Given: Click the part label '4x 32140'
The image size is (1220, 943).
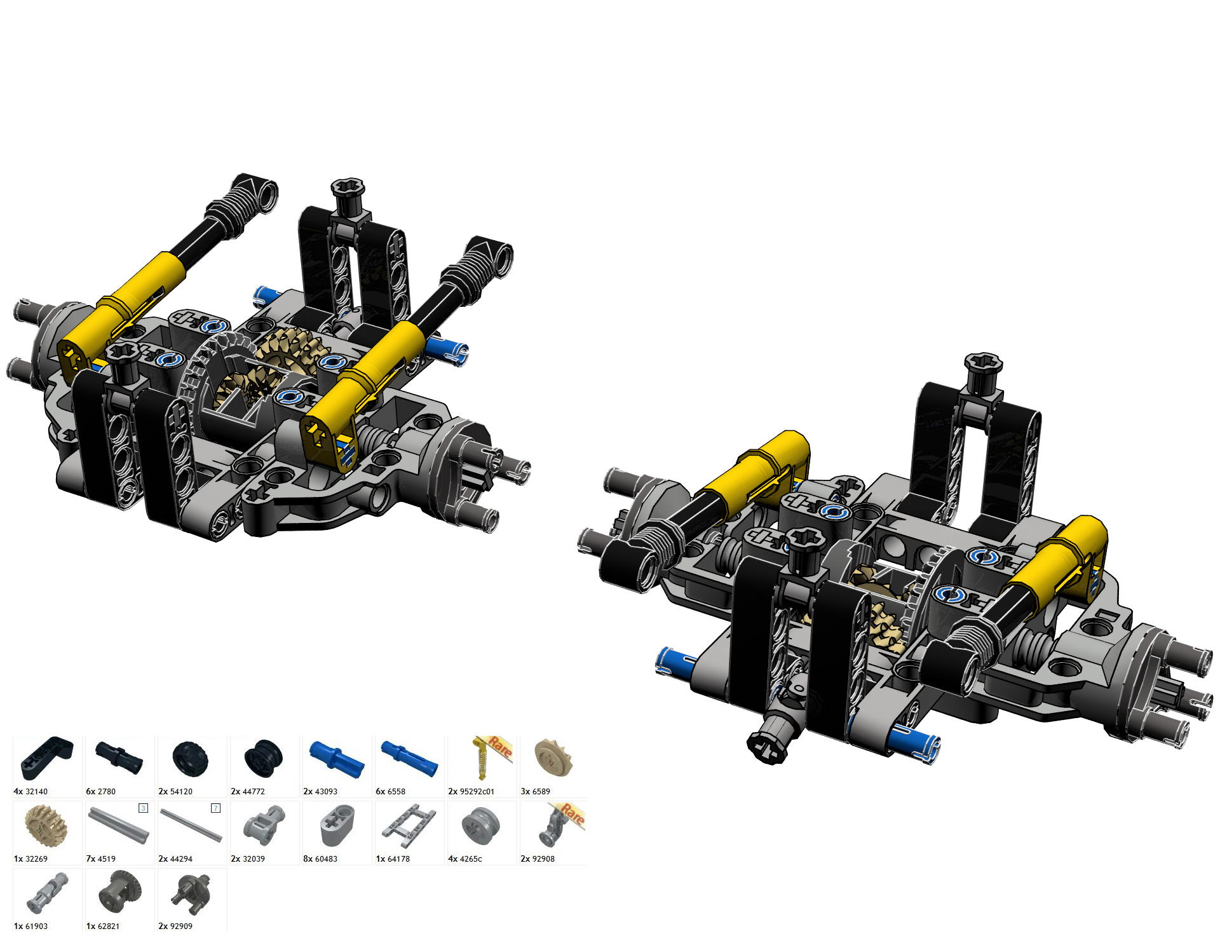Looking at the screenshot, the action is (30, 791).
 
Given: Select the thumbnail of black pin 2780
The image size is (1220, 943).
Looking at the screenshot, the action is (119, 757).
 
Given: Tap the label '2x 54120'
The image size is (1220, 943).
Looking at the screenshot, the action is (175, 791).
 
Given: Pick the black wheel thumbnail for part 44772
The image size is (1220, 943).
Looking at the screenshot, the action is (263, 759).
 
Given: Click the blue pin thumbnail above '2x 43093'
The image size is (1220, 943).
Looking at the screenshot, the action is (337, 759).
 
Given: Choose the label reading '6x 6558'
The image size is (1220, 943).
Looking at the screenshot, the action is (390, 791).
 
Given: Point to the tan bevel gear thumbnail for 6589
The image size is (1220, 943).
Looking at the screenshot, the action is (553, 758).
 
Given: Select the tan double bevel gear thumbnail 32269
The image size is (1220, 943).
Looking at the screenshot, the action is (46, 825).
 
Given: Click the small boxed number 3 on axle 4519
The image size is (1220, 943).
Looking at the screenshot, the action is (144, 808).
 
